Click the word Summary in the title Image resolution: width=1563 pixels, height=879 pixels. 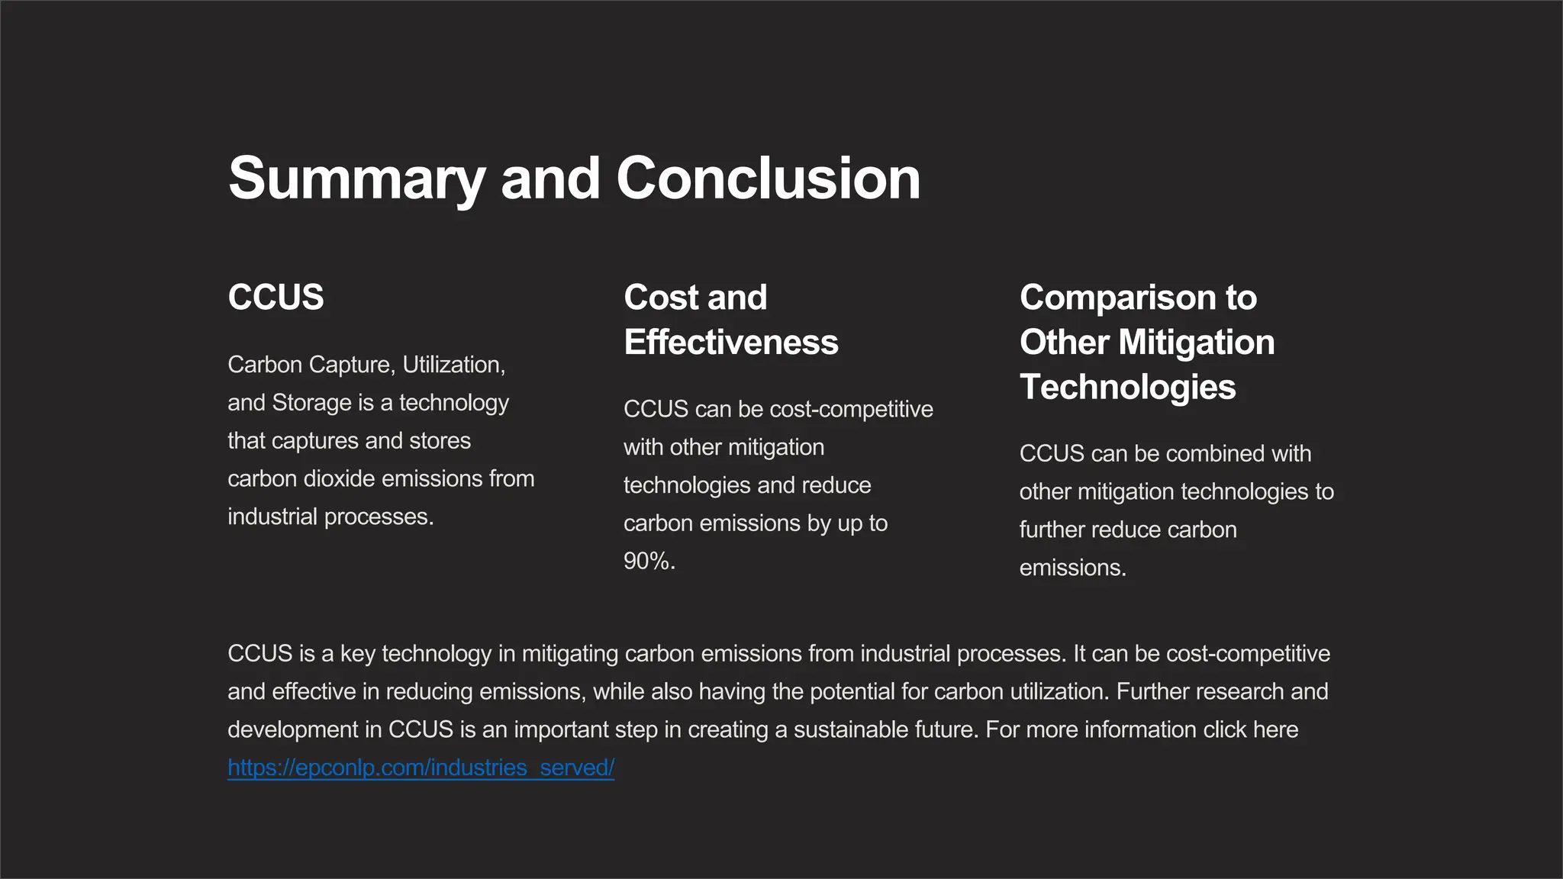click(x=356, y=179)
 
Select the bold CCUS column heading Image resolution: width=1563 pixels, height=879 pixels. click(x=276, y=298)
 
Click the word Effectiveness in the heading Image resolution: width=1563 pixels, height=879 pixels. click(x=730, y=343)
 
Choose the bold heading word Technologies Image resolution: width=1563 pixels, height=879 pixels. click(x=1127, y=387)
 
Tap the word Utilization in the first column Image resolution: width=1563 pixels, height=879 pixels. click(x=453, y=365)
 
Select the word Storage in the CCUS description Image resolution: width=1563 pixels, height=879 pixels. click(x=311, y=403)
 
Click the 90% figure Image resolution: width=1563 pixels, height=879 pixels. click(x=649, y=562)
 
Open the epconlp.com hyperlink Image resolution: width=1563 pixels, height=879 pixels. click(x=421, y=768)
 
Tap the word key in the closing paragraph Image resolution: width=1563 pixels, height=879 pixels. click(x=357, y=654)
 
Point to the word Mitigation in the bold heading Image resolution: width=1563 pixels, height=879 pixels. click(x=1196, y=343)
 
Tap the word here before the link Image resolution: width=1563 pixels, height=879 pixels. click(x=1275, y=729)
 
